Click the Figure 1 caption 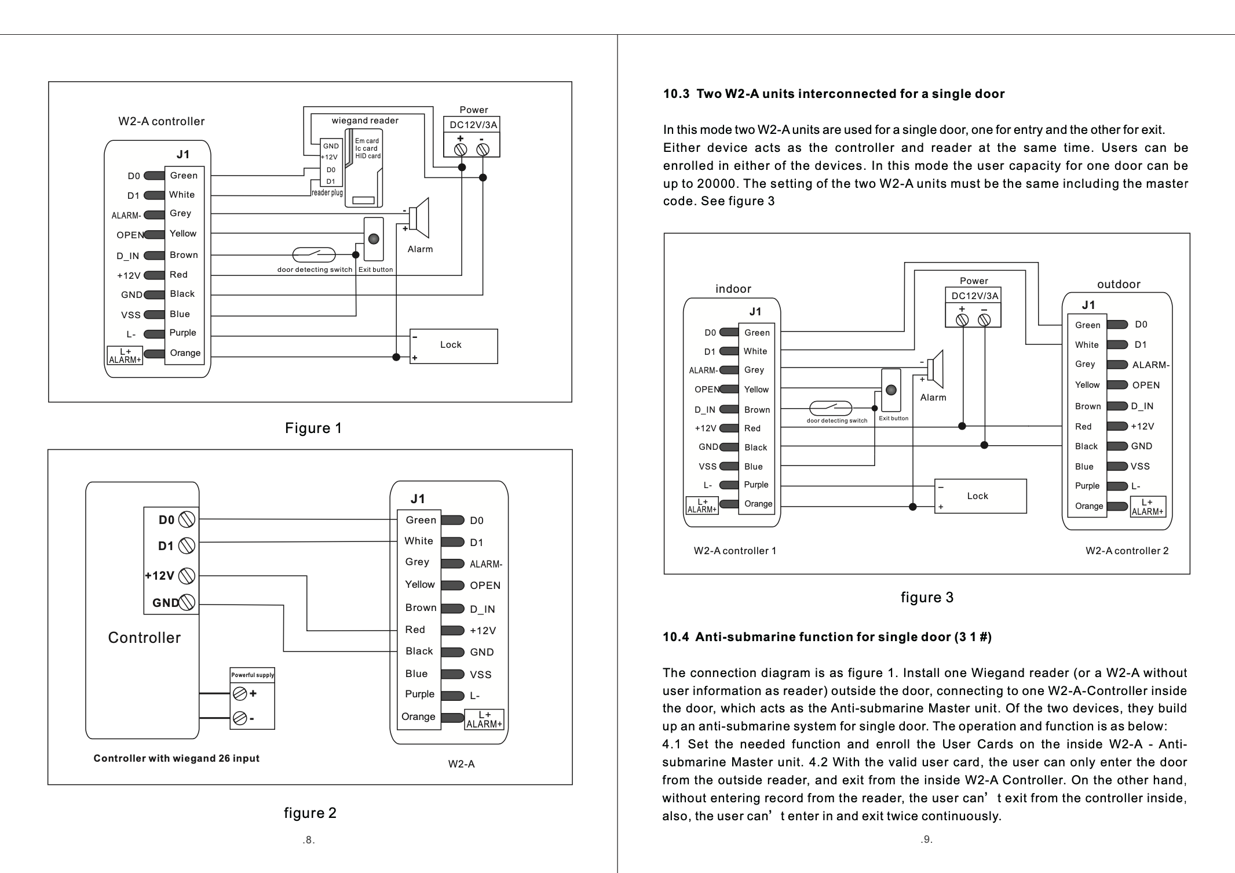313,428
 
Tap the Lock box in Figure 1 454,346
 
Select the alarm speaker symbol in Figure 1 419,218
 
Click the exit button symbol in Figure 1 374,239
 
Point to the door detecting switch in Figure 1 314,254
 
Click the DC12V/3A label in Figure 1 473,125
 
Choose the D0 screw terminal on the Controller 187,519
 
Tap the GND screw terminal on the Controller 187,602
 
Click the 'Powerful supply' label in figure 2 253,675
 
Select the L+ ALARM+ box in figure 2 484,719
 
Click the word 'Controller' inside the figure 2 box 144,638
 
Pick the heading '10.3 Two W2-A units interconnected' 834,94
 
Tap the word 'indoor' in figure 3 733,289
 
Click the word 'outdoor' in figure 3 1119,284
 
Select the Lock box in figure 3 980,496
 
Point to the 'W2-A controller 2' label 1127,551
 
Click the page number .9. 926,839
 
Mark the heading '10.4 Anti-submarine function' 827,637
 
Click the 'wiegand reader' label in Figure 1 365,121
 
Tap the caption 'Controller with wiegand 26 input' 176,758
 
